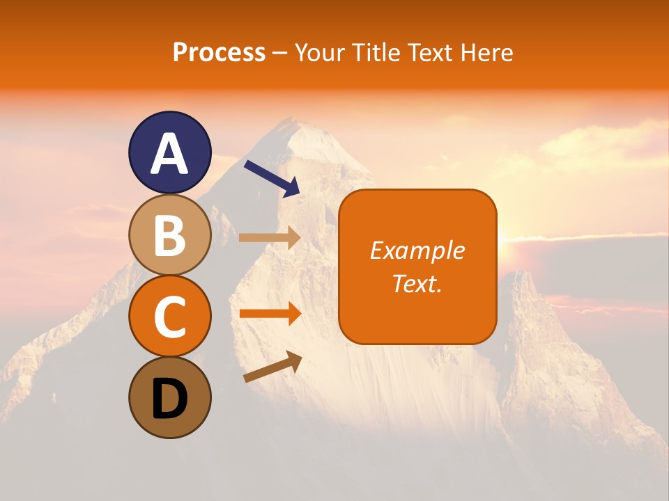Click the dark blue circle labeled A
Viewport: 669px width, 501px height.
(x=170, y=152)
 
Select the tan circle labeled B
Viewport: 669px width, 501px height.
(x=170, y=234)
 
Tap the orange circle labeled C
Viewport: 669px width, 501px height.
(x=170, y=317)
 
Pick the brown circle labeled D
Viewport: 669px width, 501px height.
(x=170, y=398)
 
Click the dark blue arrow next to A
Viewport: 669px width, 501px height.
(x=272, y=177)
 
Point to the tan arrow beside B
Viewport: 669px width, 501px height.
(x=270, y=237)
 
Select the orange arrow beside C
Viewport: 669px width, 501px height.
(x=270, y=314)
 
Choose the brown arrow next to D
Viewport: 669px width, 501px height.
(x=272, y=367)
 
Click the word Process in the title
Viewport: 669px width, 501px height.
(x=219, y=53)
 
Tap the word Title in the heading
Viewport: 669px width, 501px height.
(x=373, y=53)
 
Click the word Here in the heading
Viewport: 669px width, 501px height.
(x=486, y=53)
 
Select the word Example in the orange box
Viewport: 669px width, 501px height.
(x=417, y=251)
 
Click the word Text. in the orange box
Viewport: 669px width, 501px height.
(x=417, y=283)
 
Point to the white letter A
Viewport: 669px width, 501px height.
(x=170, y=154)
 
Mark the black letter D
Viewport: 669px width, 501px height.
(x=170, y=399)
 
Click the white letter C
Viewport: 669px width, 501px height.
(x=170, y=317)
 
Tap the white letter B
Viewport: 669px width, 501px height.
(x=170, y=235)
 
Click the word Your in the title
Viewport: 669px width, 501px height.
(x=319, y=53)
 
